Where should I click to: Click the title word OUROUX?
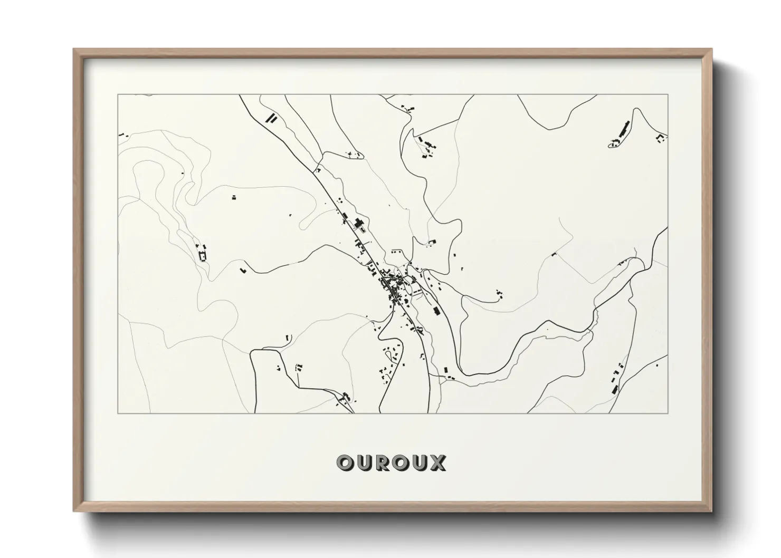click(x=391, y=463)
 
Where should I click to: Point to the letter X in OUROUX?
click(x=437, y=463)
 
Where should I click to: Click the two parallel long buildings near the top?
click(x=271, y=117)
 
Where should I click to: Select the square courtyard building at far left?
click(x=201, y=256)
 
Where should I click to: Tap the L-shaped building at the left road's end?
click(x=243, y=271)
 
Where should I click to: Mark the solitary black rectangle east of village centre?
click(x=436, y=310)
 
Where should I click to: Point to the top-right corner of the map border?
click(x=668, y=95)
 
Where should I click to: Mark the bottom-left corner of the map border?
click(x=118, y=413)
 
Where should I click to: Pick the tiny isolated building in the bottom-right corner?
click(x=657, y=364)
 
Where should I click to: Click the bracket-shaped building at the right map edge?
click(x=660, y=139)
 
